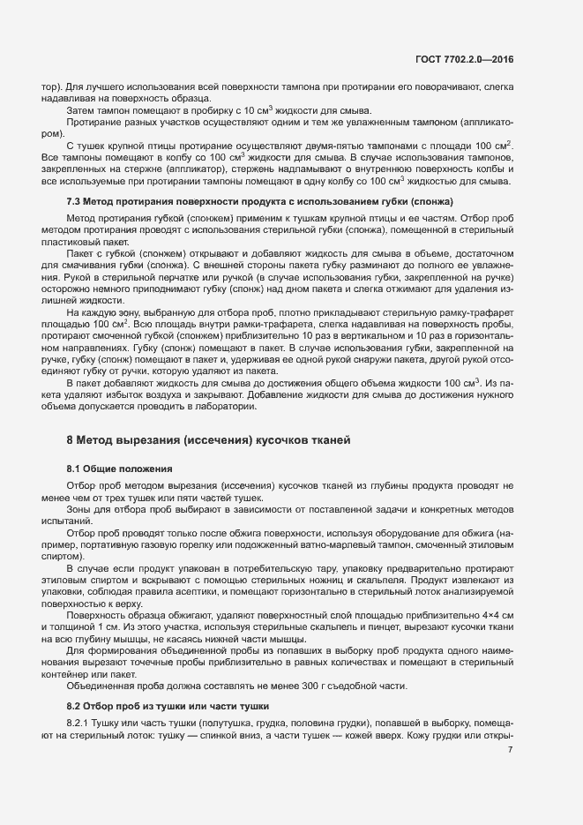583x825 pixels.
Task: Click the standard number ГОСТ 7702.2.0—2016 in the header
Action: [465, 60]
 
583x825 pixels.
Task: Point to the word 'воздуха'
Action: [172, 395]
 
